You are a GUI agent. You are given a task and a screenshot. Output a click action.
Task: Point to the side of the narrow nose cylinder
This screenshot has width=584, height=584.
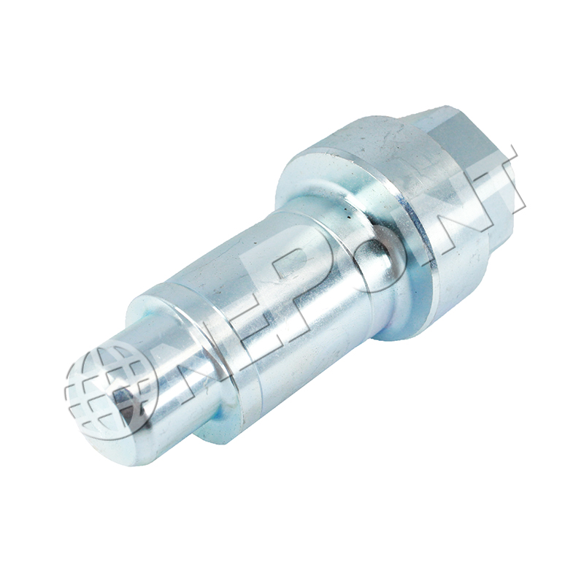(x=168, y=387)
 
